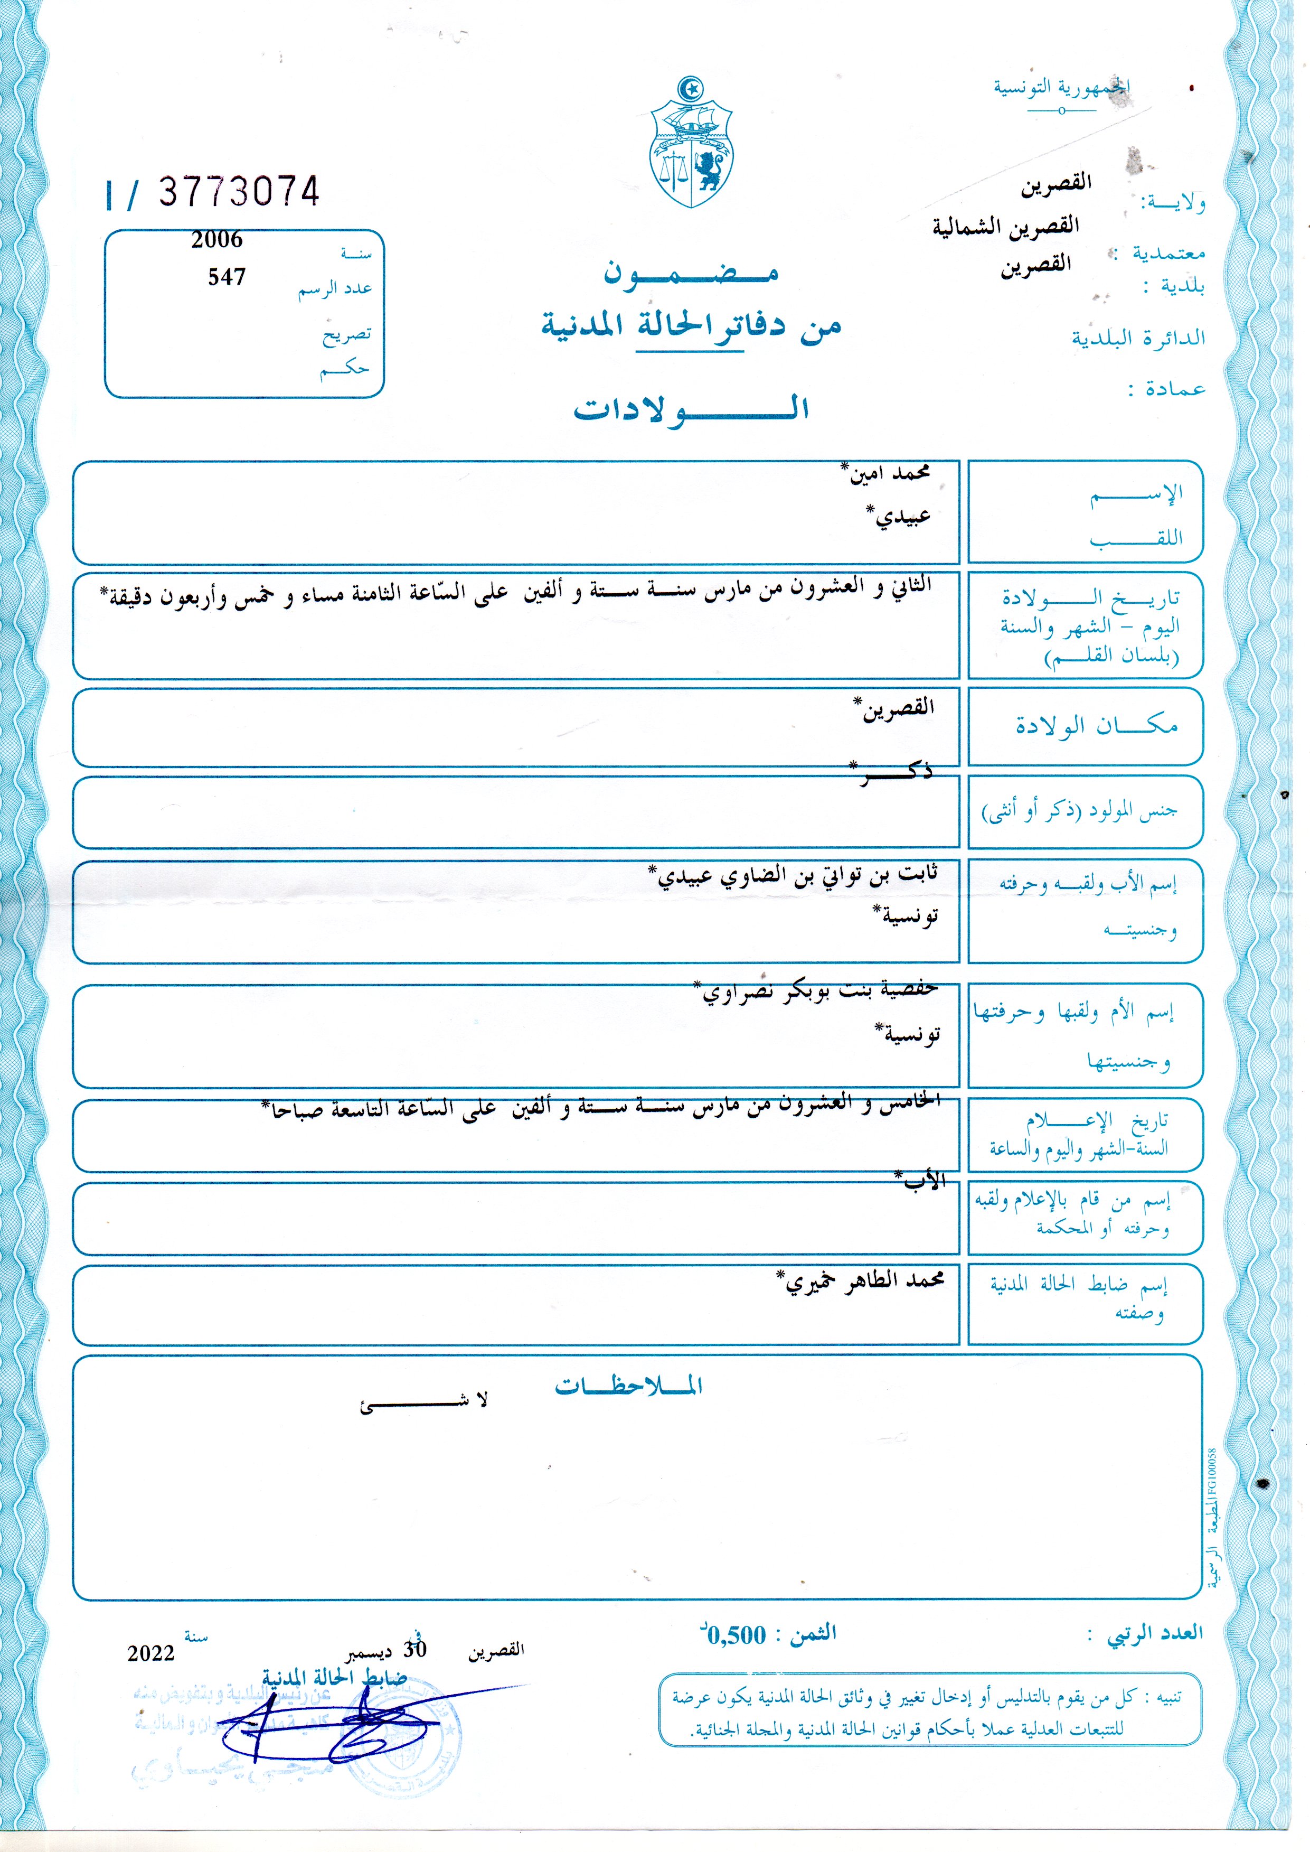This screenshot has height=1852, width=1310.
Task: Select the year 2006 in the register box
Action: pyautogui.click(x=217, y=240)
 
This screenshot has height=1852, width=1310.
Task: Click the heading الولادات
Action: pyautogui.click(x=691, y=408)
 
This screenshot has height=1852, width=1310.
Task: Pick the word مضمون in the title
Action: pyautogui.click(x=691, y=273)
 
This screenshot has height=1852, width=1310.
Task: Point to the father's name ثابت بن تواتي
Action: pyautogui.click(x=795, y=876)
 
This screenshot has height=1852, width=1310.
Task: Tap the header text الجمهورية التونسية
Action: pyautogui.click(x=1061, y=87)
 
